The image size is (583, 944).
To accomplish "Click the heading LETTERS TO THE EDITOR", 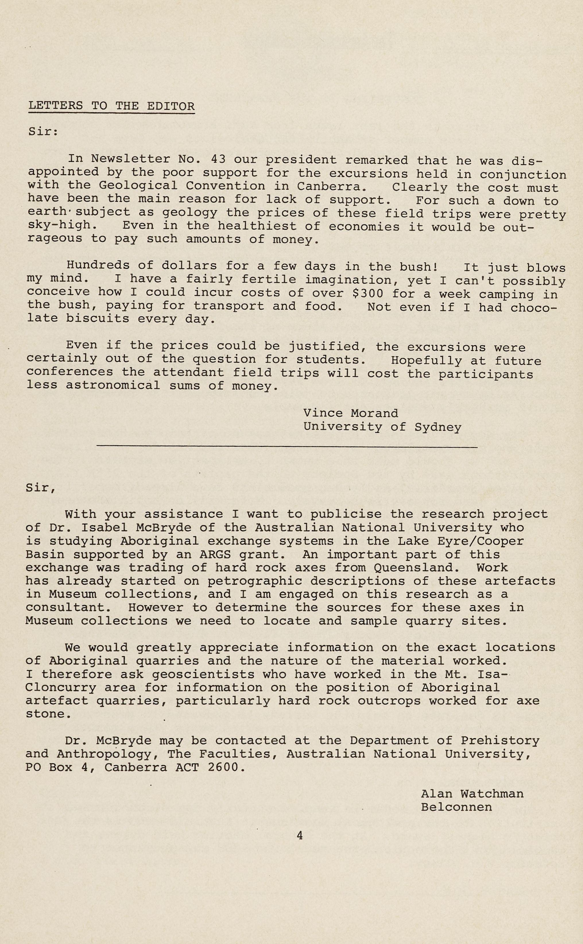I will tap(111, 106).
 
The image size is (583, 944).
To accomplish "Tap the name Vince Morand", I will tap(350, 413).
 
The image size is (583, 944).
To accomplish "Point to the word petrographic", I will tap(255, 581).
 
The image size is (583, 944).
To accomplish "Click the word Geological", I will tap(138, 185).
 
